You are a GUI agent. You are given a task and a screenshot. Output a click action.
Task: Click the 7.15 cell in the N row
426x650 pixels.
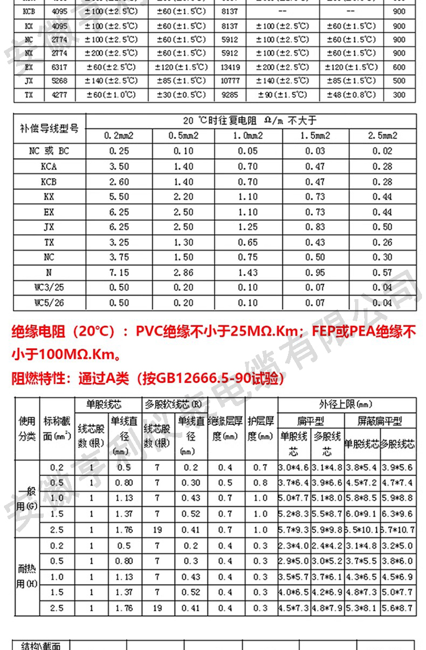pyautogui.click(x=119, y=272)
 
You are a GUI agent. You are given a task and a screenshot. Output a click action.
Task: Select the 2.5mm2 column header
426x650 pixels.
pyautogui.click(x=382, y=136)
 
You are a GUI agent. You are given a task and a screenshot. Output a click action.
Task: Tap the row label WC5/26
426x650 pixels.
pyautogui.click(x=49, y=303)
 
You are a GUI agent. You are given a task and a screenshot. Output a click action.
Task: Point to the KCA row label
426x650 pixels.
pyautogui.click(x=49, y=167)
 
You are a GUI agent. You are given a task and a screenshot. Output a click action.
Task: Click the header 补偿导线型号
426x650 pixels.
pyautogui.click(x=49, y=129)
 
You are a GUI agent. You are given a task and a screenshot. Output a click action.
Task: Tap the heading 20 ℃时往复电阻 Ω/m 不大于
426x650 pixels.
pyautogui.click(x=249, y=121)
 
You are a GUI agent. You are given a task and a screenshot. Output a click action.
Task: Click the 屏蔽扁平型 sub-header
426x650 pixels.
pyautogui.click(x=379, y=421)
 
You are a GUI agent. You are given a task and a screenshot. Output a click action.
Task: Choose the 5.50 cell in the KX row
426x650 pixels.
pyautogui.click(x=119, y=197)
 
